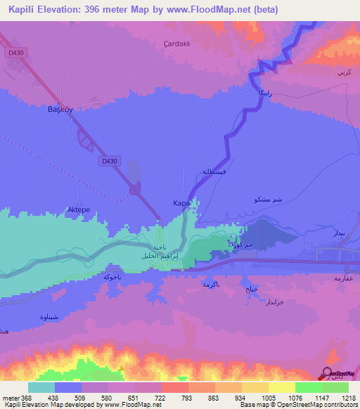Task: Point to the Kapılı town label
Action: (181, 203)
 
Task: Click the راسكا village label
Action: (253, 93)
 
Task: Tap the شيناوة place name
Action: (44, 315)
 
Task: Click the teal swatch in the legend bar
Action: (41, 387)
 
